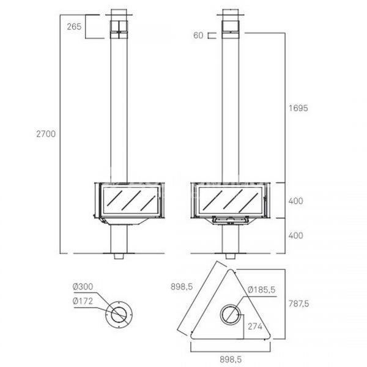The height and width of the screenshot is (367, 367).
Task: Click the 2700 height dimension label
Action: (46, 134)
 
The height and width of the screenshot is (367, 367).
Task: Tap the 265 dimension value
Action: (74, 27)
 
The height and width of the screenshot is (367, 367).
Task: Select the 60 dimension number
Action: (198, 35)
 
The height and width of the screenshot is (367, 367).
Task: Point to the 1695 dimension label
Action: (298, 108)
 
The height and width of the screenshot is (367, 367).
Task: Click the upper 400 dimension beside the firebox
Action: (296, 201)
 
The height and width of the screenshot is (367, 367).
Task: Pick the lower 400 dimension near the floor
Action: (296, 235)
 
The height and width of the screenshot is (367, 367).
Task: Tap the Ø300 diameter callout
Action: (83, 286)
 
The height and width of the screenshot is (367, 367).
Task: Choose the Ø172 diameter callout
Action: (83, 301)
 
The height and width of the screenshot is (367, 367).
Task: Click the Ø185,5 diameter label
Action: (261, 290)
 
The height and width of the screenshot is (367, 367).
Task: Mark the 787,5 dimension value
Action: (298, 303)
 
